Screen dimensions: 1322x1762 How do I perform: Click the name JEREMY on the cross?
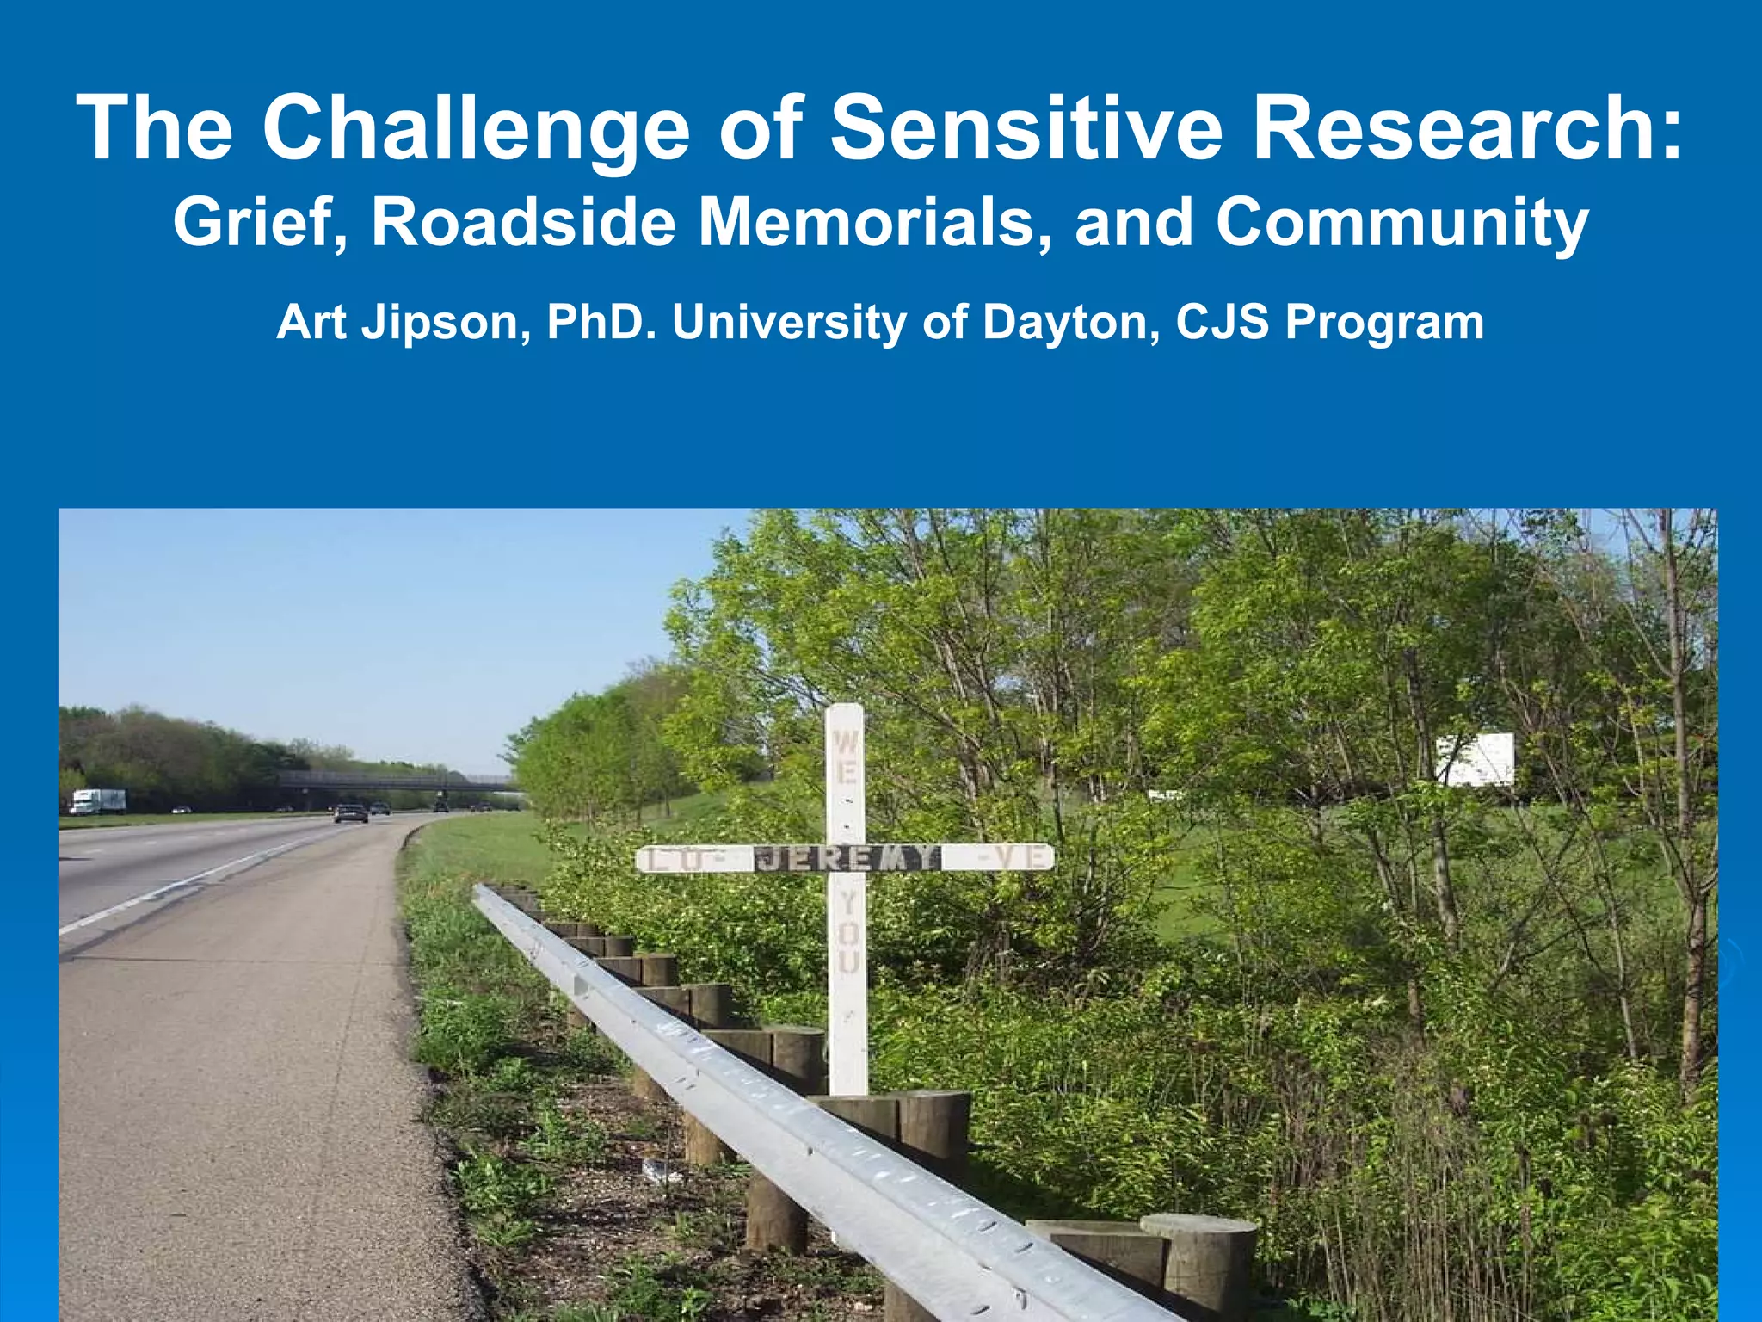click(847, 858)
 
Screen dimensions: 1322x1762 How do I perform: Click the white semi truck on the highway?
click(97, 801)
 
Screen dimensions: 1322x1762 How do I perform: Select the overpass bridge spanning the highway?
click(396, 781)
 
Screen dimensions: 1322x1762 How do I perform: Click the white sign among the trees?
click(1475, 759)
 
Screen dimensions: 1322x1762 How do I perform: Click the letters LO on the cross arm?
click(680, 859)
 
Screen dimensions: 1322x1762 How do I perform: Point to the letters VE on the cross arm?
click(1015, 857)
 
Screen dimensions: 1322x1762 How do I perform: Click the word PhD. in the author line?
click(597, 322)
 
